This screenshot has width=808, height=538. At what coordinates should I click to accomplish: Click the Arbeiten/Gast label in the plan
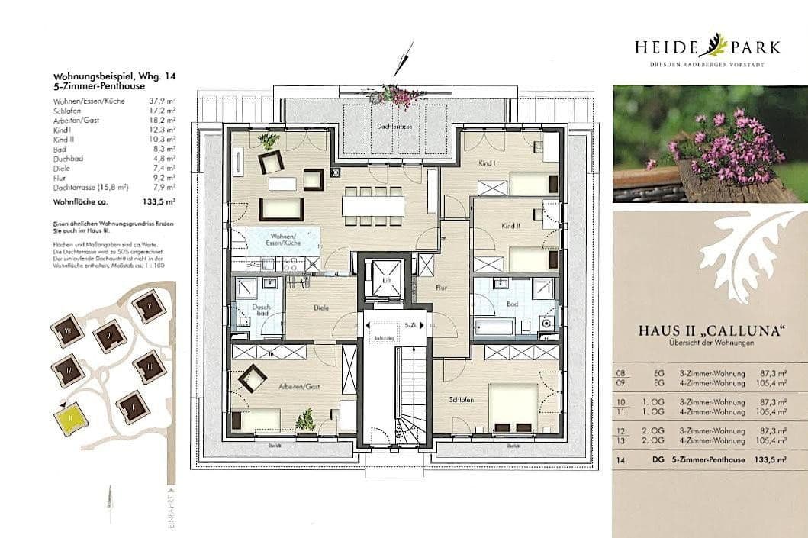click(x=299, y=387)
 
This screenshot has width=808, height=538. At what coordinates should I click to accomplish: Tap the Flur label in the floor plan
click(x=441, y=288)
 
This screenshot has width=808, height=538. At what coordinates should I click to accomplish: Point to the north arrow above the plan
click(x=404, y=57)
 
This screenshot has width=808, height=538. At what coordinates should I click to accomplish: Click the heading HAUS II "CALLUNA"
click(x=711, y=332)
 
